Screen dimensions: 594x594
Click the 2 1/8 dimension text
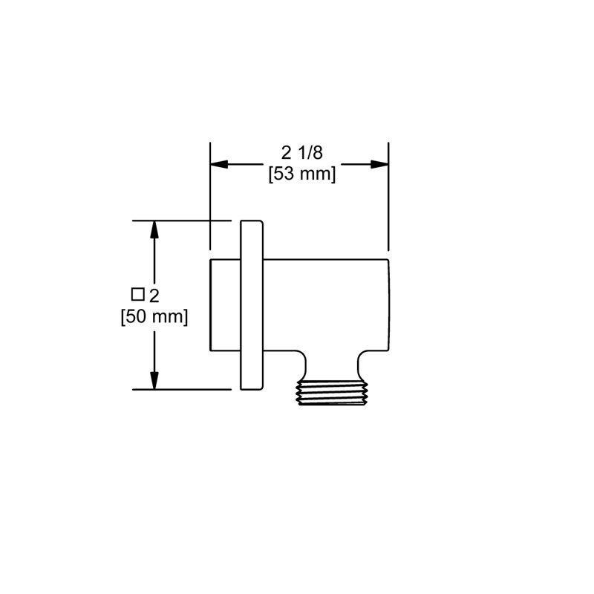click(302, 153)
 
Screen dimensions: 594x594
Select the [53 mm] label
click(302, 174)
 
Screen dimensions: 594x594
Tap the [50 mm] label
click(154, 317)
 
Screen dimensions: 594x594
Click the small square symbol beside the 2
click(137, 294)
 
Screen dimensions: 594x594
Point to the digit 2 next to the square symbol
click(154, 296)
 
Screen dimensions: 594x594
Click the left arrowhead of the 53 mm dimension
click(219, 164)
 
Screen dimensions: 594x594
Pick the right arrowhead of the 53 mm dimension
click(379, 164)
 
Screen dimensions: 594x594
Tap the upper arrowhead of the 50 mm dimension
click(154, 229)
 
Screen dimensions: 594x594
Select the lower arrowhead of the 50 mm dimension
click(154, 380)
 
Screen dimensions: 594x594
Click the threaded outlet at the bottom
click(332, 393)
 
